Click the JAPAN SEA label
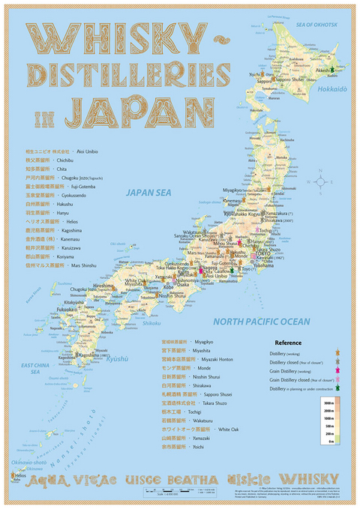click(x=149, y=193)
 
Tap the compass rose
click(x=320, y=181)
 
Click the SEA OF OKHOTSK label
click(x=316, y=25)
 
